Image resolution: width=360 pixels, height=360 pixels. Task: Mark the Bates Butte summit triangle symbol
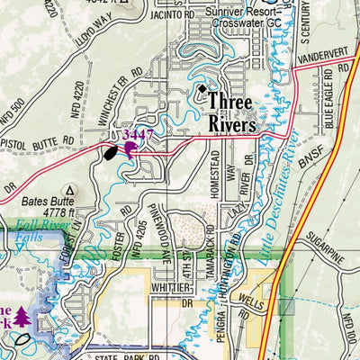(72, 191)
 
